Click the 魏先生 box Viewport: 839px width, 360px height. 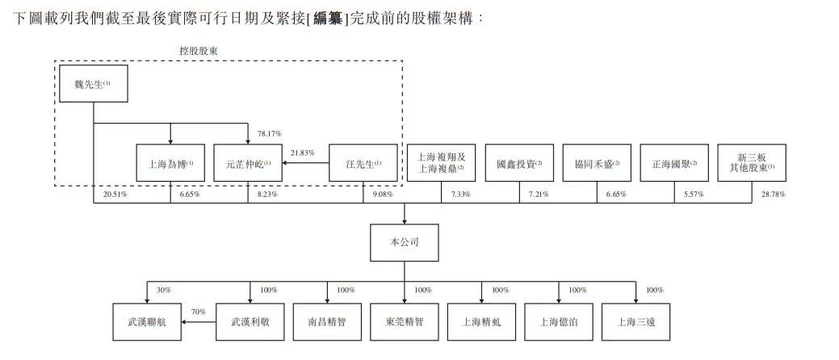point(94,83)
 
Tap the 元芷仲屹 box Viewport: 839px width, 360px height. point(248,164)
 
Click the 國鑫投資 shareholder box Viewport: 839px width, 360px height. point(518,164)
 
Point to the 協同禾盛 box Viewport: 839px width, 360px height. point(596,164)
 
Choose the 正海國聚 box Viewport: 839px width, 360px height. point(673,164)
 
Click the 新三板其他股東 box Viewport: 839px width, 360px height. point(754,163)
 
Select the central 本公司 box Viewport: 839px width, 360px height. point(404,242)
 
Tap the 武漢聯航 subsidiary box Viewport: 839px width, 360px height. point(147,320)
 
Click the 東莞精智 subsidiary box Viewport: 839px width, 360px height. point(404,320)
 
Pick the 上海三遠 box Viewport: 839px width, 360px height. point(636,320)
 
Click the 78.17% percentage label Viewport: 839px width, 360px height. point(269,133)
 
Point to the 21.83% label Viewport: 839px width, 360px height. point(302,153)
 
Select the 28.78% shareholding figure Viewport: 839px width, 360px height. point(773,195)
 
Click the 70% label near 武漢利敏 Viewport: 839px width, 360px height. point(197,311)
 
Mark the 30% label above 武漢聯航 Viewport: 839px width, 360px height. point(163,290)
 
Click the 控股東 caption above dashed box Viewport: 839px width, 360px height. point(198,50)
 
